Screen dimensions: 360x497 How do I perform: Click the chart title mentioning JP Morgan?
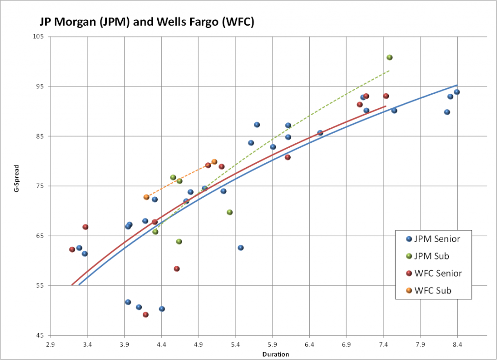146,22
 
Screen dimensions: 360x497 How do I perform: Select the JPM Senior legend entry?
433,239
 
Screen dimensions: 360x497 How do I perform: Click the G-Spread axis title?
16,186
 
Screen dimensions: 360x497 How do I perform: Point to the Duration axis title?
276,354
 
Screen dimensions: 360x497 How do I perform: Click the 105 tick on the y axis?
39,36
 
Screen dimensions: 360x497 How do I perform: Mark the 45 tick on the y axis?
40,335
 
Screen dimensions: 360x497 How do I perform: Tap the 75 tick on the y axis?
40,186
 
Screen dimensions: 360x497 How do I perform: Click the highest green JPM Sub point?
389,57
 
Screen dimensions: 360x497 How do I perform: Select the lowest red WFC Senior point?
146,315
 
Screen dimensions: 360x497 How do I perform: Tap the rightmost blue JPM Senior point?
457,92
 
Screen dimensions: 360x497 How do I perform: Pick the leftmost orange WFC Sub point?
146,197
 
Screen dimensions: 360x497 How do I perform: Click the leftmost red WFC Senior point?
72,249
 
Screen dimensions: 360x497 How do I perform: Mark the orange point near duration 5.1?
214,162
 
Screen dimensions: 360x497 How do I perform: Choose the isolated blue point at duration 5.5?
241,248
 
